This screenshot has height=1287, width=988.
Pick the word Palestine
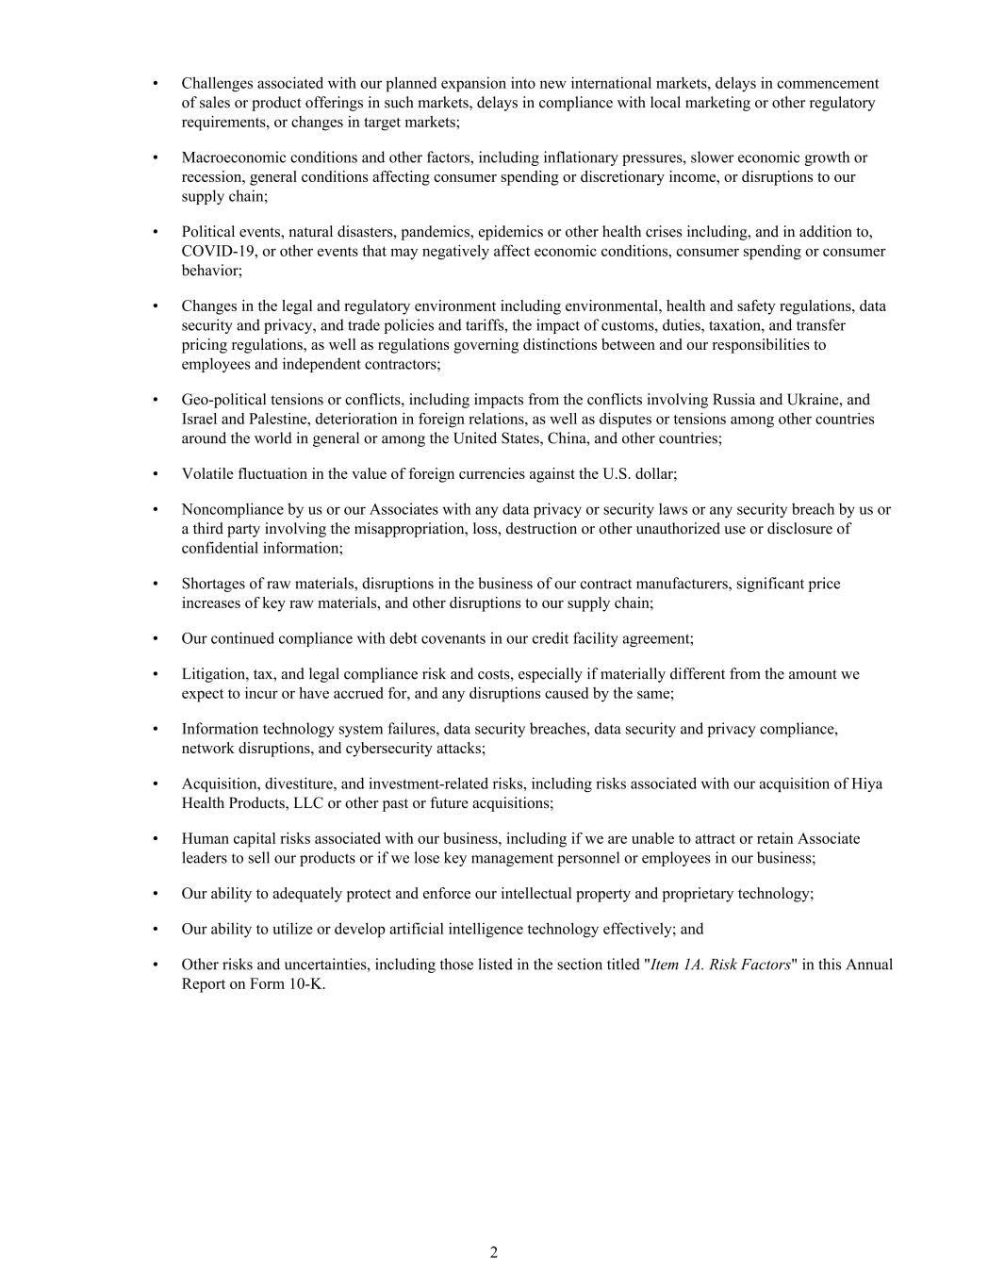251,419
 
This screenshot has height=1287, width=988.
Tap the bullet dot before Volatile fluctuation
155,473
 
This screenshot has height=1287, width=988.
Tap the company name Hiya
866,784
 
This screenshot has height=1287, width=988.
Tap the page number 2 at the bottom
494,1252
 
